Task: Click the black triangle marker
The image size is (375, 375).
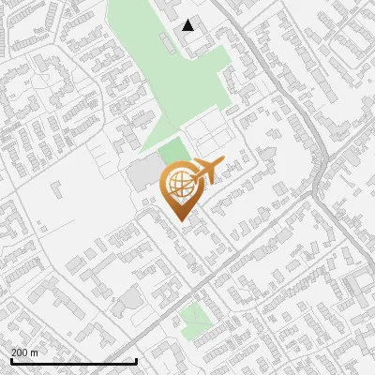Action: pos(189,25)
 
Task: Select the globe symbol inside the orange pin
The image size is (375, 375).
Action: pos(181,184)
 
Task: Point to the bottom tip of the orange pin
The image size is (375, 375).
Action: pos(181,219)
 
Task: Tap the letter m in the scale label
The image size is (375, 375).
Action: pos(35,352)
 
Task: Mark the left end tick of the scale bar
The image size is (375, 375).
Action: pos(10,360)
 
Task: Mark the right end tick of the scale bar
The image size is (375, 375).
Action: pos(137,360)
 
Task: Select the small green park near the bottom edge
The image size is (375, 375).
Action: pos(195,321)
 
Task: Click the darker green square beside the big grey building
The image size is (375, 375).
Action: pos(172,151)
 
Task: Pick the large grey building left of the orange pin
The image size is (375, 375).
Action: pos(142,174)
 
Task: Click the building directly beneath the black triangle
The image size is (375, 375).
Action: pos(192,41)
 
